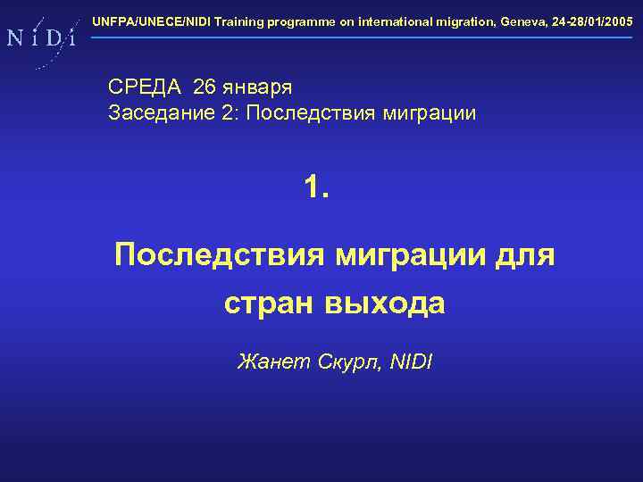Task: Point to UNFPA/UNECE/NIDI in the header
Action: [152, 20]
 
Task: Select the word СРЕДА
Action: [145, 87]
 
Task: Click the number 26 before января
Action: [205, 87]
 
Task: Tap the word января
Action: [260, 88]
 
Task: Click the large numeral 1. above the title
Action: [316, 187]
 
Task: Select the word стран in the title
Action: [267, 303]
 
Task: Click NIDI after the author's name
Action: [412, 361]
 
